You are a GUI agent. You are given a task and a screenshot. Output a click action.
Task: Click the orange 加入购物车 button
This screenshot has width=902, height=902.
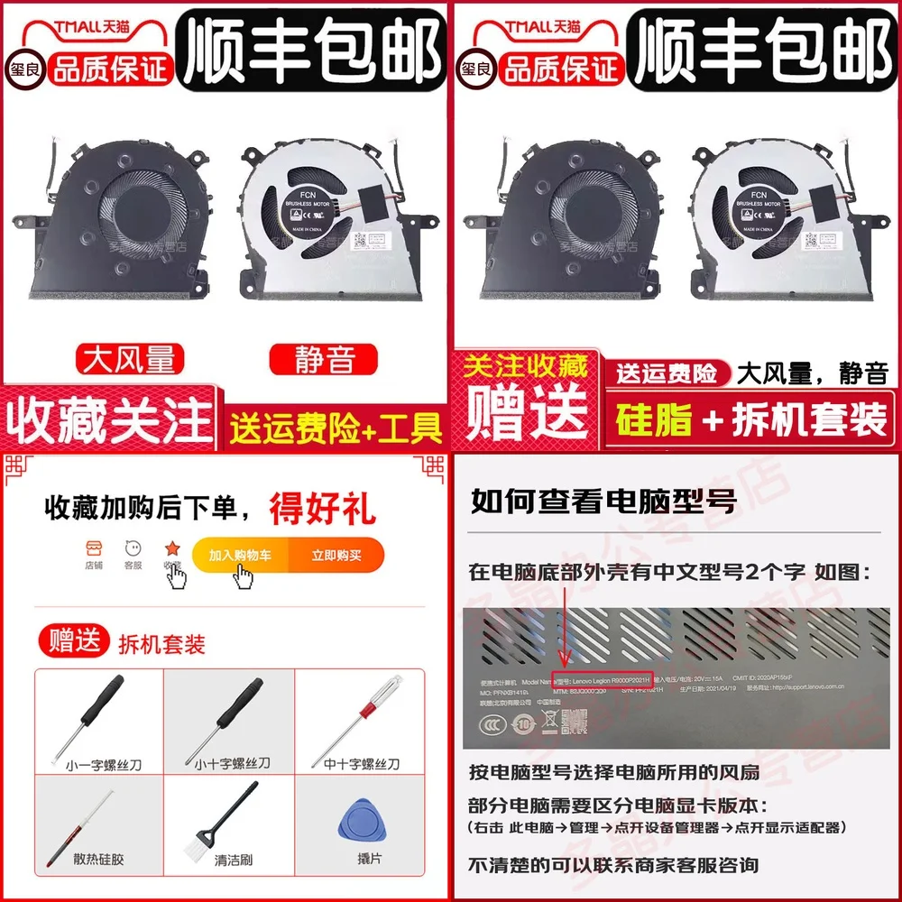tap(239, 556)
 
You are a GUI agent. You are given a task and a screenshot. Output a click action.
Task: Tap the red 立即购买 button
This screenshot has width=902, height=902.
tap(336, 556)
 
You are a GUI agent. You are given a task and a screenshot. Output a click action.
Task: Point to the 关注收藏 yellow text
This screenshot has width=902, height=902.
tap(526, 366)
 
